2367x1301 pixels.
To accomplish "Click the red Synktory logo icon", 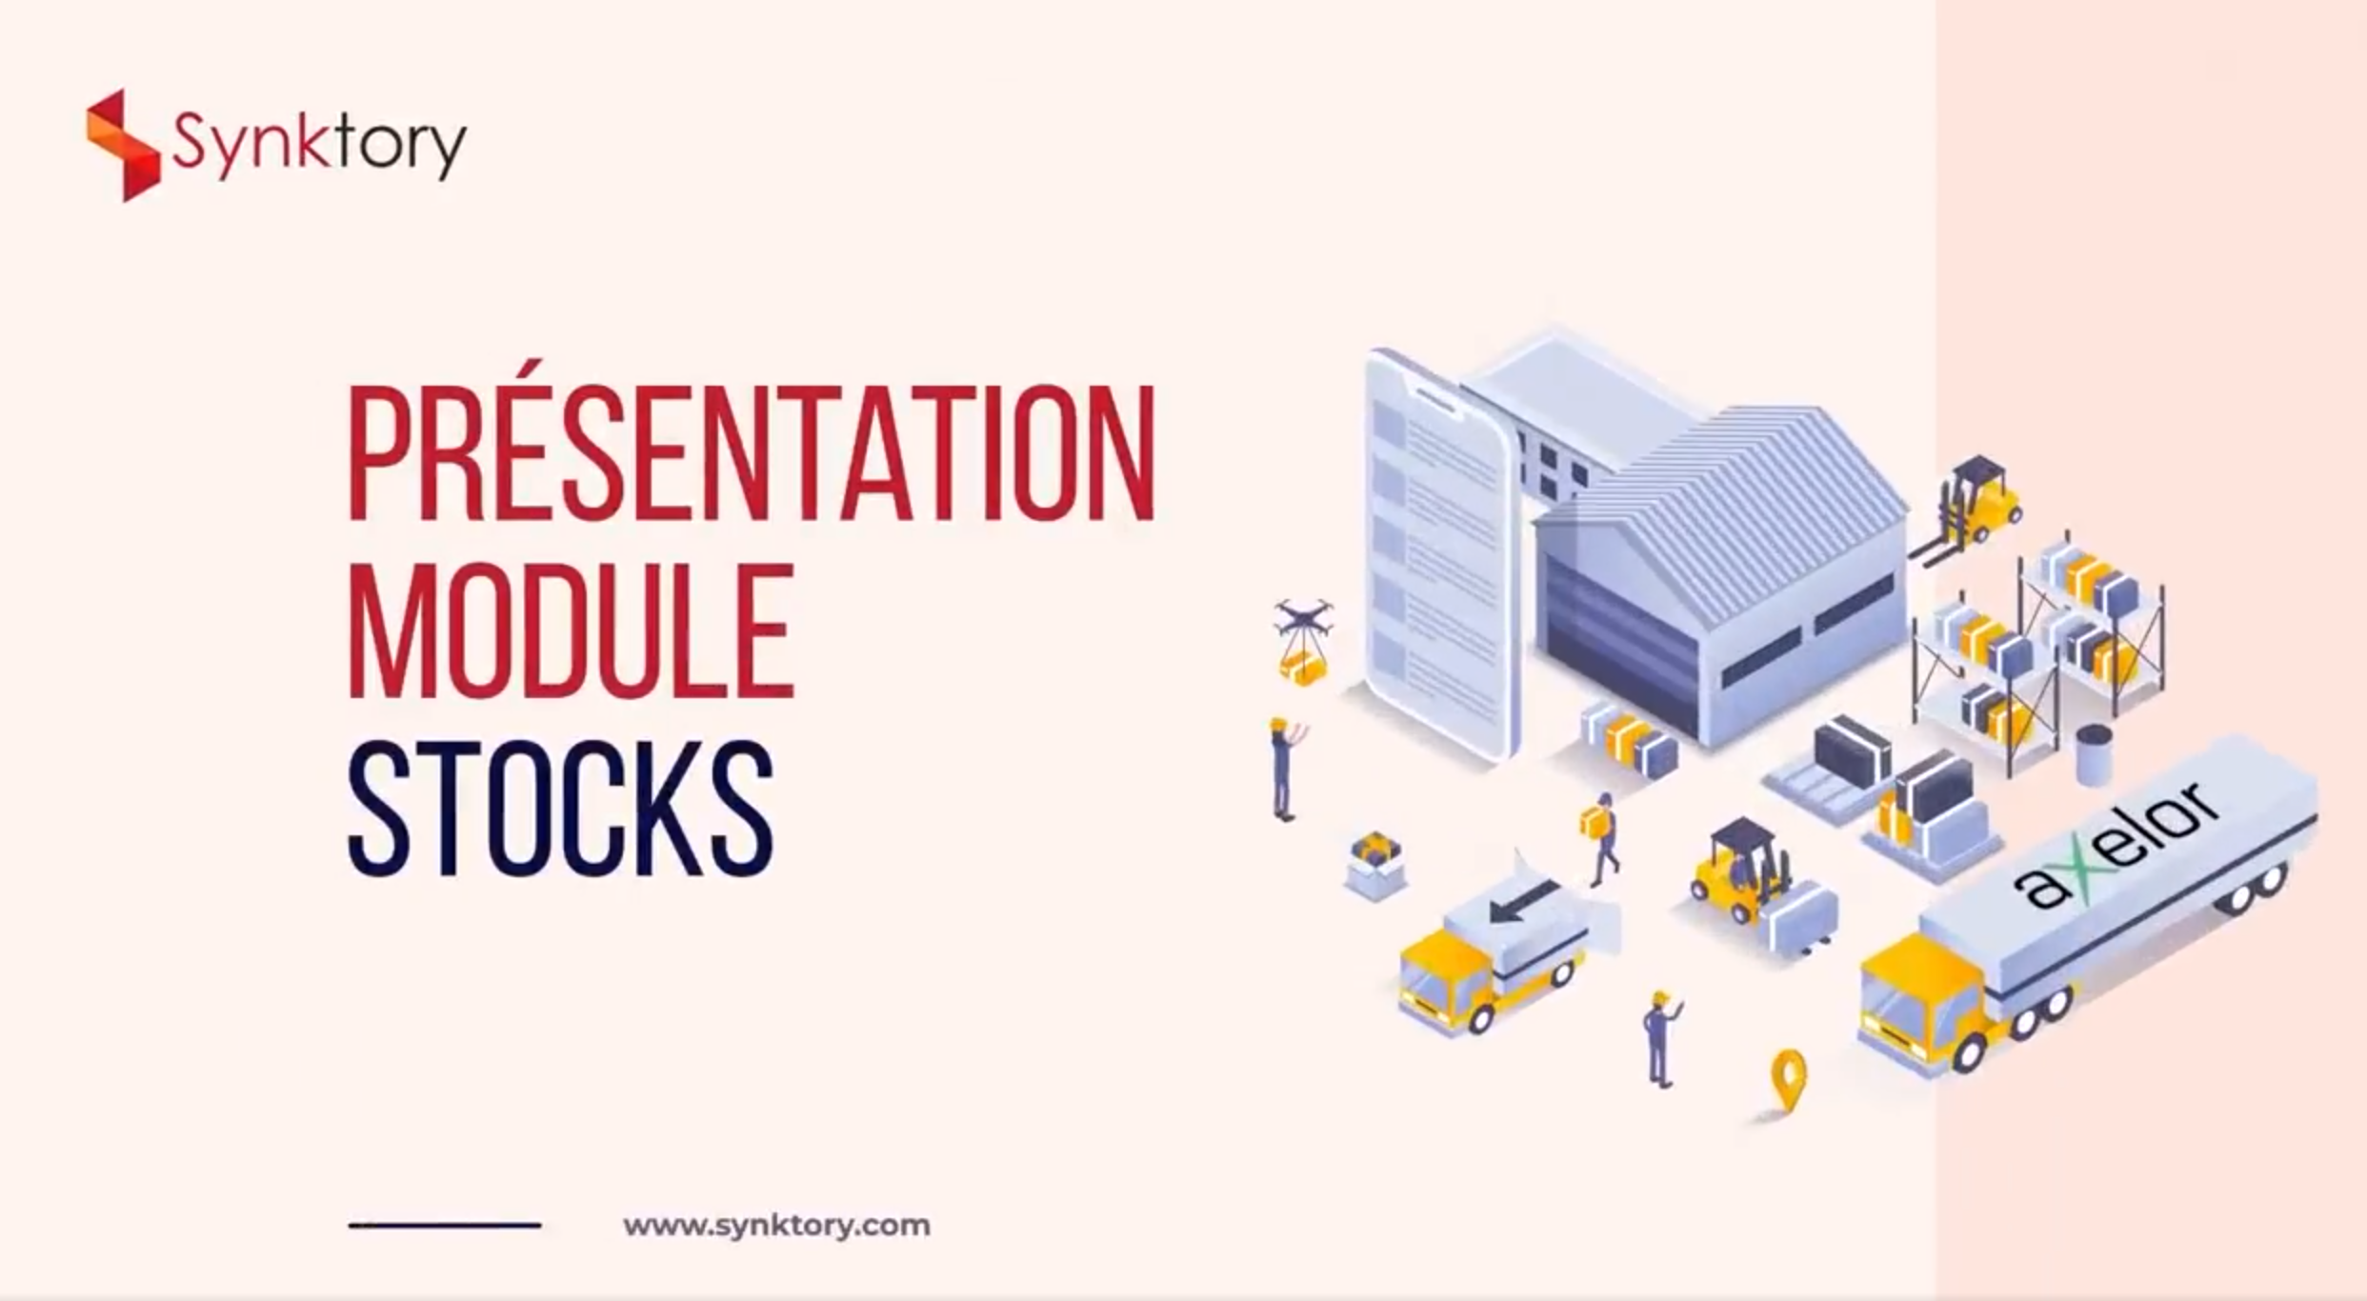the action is (x=122, y=146).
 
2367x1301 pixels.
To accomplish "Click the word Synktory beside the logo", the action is (x=319, y=145).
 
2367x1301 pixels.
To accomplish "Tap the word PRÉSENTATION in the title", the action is (x=752, y=453).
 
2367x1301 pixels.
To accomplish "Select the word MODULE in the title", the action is (x=571, y=631).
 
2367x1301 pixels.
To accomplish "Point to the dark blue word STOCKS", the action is (x=561, y=809).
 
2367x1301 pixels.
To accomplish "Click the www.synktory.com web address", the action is (x=776, y=1225).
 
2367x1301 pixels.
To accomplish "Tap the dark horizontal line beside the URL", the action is (x=445, y=1226).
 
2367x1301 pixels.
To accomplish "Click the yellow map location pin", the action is (x=1788, y=1080).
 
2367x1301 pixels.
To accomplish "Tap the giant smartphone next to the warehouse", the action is (x=1440, y=552).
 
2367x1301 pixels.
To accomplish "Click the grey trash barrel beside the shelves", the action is (x=2094, y=755).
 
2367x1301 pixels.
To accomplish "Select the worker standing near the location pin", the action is (x=1661, y=1038).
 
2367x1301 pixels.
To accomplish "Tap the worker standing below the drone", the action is (x=1286, y=769).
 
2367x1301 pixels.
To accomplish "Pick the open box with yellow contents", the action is (x=1374, y=865).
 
